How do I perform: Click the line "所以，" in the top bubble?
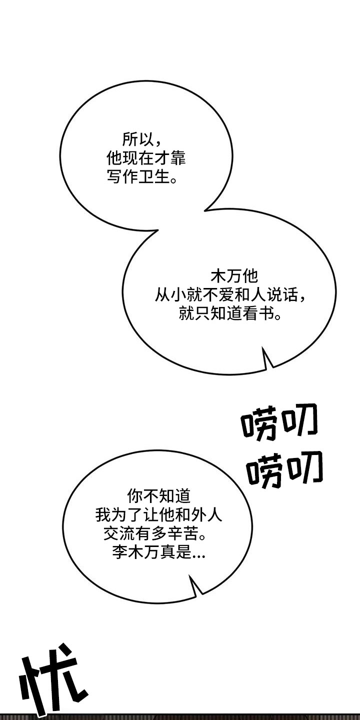142,139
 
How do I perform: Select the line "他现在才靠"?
146,158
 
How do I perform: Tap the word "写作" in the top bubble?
122,176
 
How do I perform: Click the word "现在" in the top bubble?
138,158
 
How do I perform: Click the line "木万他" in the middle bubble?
234,276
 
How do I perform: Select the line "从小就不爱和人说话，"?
230,294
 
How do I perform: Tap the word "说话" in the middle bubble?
282,294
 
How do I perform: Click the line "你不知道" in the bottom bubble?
159,496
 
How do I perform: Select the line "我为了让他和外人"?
159,514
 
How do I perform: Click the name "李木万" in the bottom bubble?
135,552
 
